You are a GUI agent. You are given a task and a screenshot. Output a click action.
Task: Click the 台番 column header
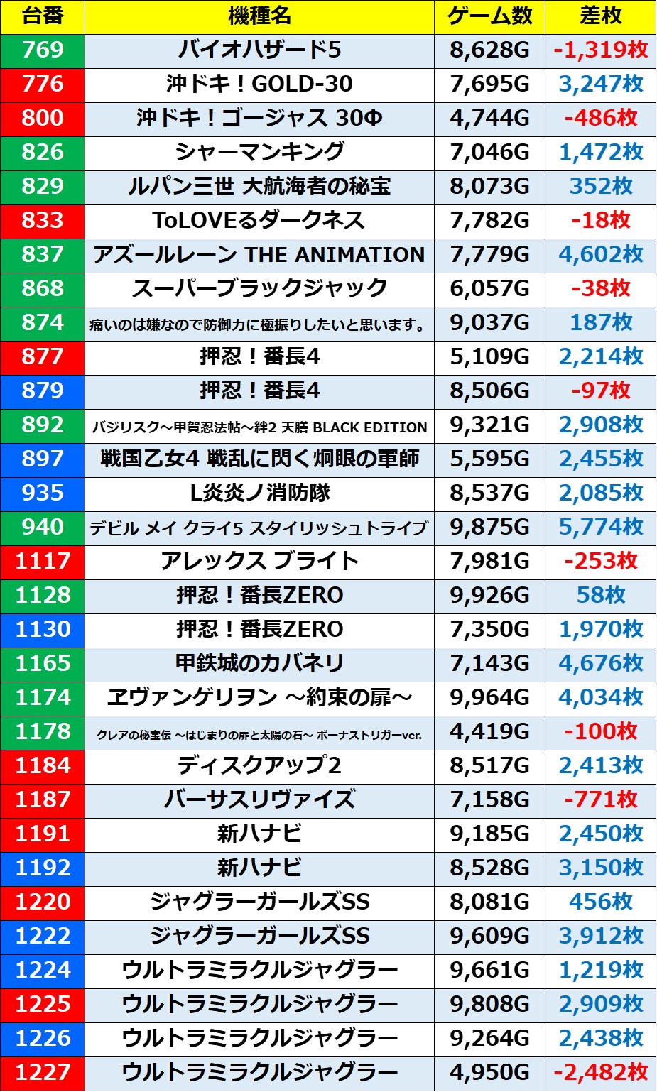click(43, 16)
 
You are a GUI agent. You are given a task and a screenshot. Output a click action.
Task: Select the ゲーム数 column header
click(489, 16)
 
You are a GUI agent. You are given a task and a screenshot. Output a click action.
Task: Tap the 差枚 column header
click(600, 16)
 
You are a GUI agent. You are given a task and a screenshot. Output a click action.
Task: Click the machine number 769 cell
click(43, 50)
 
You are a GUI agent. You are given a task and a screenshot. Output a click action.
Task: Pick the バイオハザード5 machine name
click(259, 50)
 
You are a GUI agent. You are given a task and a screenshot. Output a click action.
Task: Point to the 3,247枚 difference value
click(600, 84)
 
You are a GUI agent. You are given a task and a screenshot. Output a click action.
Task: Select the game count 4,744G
click(489, 118)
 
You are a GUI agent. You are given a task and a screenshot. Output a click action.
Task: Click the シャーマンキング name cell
click(259, 152)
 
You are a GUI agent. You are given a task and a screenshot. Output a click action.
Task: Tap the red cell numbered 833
click(43, 220)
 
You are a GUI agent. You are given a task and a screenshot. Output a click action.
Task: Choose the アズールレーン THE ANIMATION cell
click(259, 254)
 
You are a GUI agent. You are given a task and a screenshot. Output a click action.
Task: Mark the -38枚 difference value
click(600, 288)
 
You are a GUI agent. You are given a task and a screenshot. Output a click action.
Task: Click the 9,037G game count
click(489, 322)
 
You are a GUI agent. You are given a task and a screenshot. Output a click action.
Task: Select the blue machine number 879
click(43, 391)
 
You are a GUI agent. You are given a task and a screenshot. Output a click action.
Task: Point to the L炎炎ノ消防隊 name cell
click(259, 493)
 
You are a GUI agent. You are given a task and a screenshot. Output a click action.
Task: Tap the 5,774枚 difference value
click(600, 527)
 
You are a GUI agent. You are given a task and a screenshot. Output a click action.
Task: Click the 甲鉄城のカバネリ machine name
click(259, 663)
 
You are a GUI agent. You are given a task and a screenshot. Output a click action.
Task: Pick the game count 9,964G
click(489, 697)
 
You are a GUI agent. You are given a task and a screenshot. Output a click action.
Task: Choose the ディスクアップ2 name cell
click(259, 765)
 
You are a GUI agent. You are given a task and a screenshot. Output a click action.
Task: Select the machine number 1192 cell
click(43, 868)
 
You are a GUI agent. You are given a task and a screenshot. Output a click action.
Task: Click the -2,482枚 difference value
click(600, 1072)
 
